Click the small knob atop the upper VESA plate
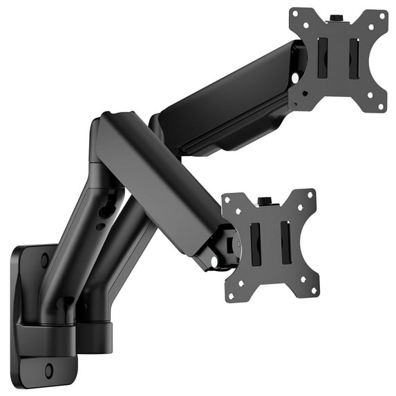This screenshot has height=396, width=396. [x=337, y=17]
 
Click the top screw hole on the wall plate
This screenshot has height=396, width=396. [x=44, y=261]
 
